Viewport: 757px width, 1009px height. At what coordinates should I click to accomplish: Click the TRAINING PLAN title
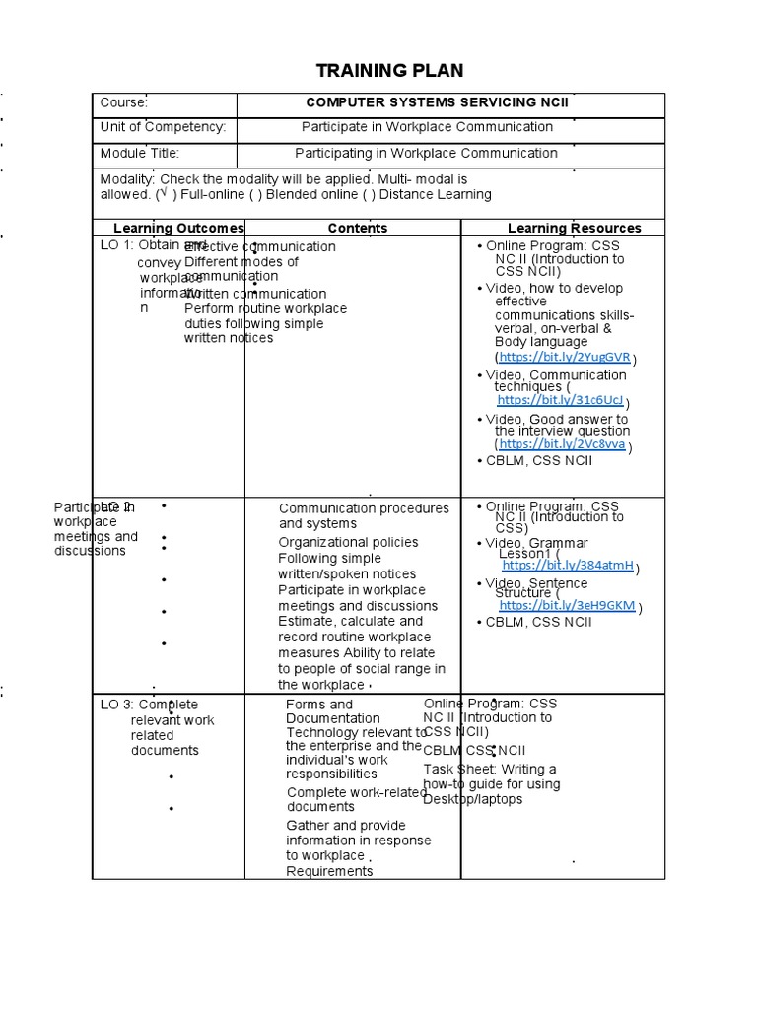(x=388, y=70)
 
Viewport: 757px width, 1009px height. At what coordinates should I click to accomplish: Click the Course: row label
(x=124, y=102)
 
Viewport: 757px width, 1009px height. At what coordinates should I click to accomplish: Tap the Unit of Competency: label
(x=163, y=127)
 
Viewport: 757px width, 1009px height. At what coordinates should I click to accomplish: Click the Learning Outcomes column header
(x=178, y=228)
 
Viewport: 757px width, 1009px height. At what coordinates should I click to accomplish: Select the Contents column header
(x=357, y=228)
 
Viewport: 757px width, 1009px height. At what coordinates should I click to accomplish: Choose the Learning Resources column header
(x=574, y=228)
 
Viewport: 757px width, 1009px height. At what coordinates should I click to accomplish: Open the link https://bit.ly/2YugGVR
(x=564, y=357)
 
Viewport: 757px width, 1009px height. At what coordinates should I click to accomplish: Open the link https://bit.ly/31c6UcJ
(x=560, y=400)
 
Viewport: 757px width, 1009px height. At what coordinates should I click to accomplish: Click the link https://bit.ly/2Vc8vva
(x=562, y=444)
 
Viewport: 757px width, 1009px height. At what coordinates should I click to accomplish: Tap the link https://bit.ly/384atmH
(x=567, y=566)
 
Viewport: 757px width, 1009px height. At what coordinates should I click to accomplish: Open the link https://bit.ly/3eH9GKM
(x=567, y=606)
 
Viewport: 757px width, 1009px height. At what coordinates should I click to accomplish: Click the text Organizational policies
(x=348, y=542)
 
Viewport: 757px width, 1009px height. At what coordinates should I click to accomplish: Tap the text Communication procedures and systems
(x=363, y=516)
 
